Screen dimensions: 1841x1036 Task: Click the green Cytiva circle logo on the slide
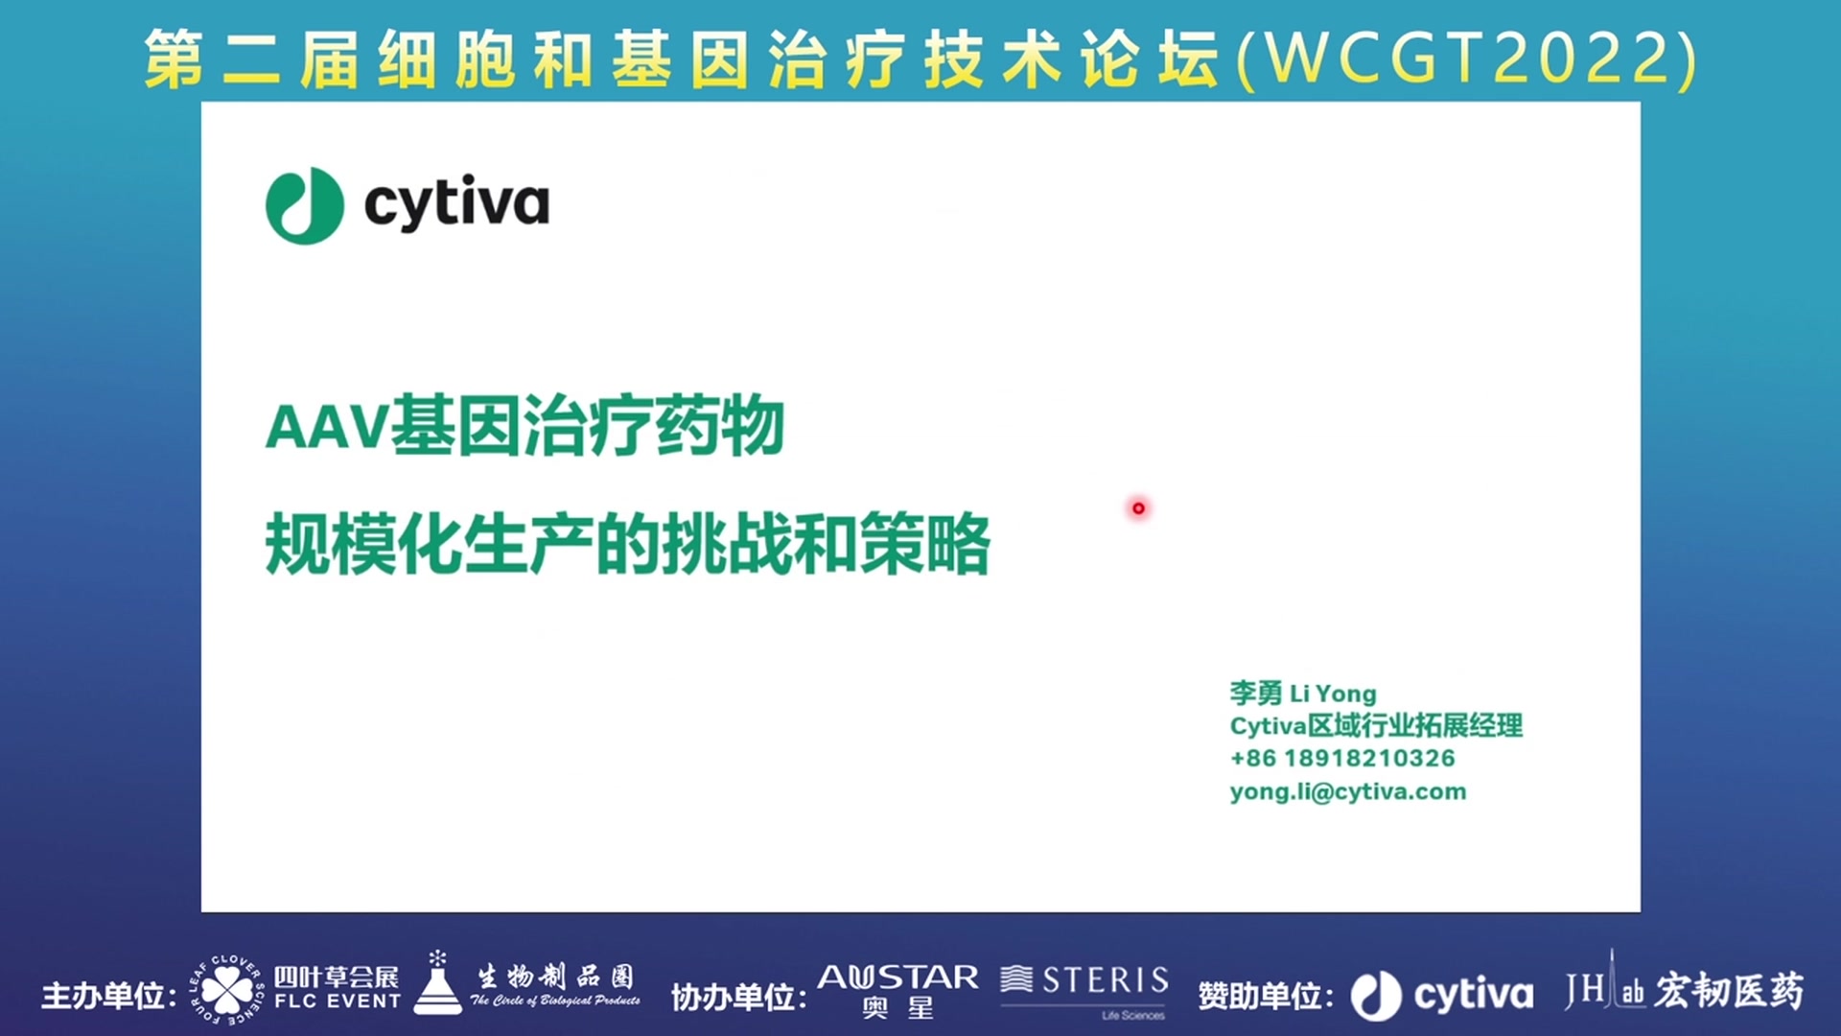pos(305,205)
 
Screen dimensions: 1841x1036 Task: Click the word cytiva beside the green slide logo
pos(456,203)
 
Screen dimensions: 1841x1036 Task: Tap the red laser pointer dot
pos(1138,507)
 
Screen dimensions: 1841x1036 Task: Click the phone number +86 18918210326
pos(1342,758)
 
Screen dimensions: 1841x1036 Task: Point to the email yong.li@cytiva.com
pos(1348,791)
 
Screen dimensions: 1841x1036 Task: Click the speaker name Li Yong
pos(1333,693)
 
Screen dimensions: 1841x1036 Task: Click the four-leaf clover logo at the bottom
pos(226,989)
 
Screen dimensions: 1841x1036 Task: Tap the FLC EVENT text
pos(338,1001)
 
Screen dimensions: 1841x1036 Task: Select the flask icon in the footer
pos(437,983)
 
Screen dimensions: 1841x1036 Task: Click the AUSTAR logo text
pos(898,977)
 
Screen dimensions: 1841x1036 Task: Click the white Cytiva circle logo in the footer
pos(1376,996)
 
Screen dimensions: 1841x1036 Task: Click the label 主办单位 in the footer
pos(103,996)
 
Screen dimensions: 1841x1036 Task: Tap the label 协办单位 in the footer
pos(733,998)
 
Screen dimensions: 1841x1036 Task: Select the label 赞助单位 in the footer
pos(1260,996)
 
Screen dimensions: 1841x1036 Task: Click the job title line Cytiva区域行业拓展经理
pos(1376,725)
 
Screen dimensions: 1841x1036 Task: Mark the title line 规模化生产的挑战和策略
pos(628,544)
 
